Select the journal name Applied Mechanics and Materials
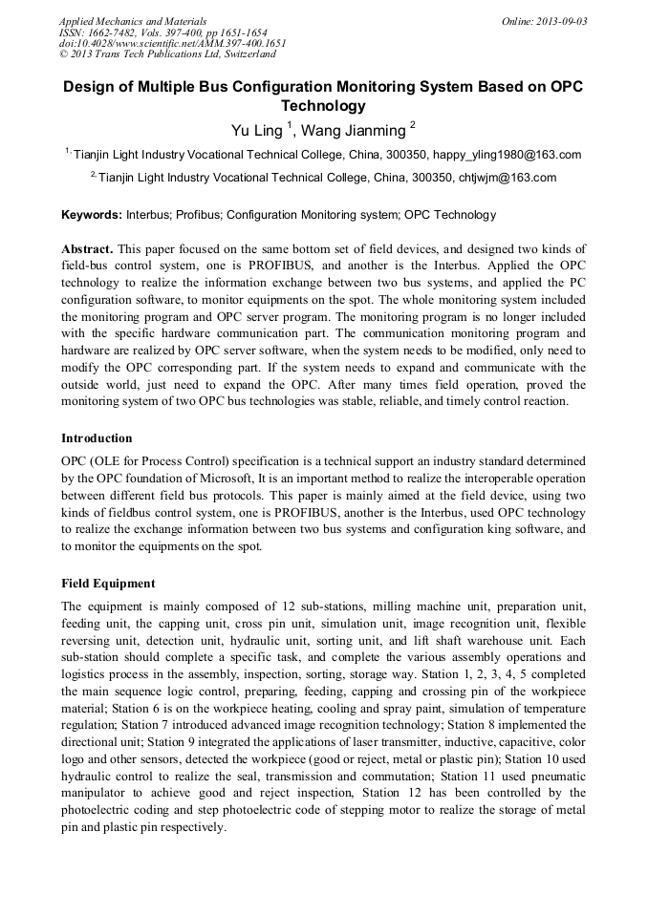(x=133, y=21)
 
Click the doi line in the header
(x=172, y=43)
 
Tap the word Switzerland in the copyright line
(x=243, y=54)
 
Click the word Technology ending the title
(x=323, y=106)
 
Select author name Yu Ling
(x=256, y=130)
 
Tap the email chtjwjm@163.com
(x=508, y=178)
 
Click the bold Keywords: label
(x=92, y=216)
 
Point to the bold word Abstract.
(x=87, y=248)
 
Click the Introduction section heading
(x=97, y=438)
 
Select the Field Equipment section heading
(x=108, y=584)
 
